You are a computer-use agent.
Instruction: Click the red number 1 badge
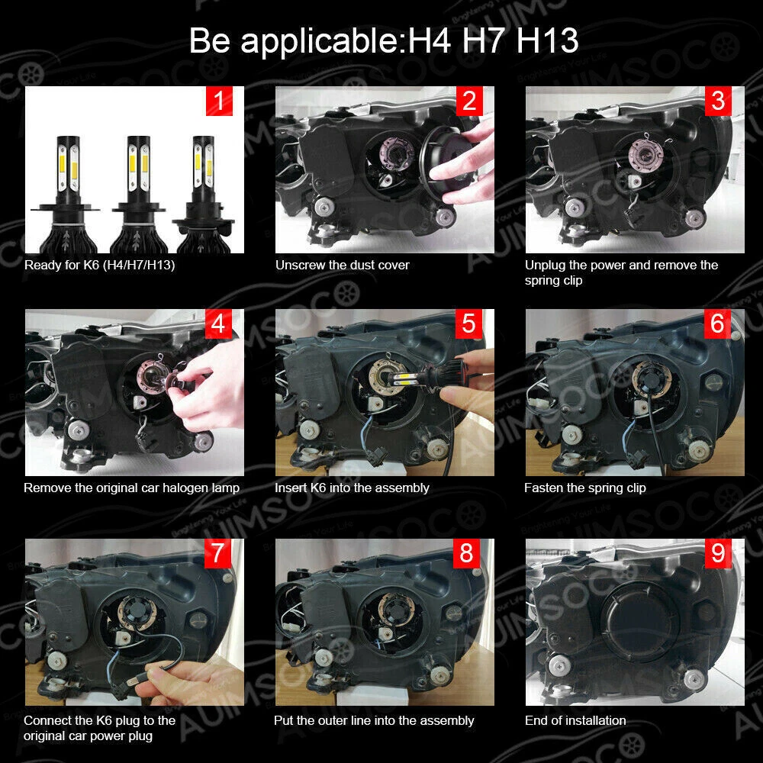219,101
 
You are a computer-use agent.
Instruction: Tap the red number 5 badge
468,324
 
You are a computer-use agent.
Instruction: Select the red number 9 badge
718,553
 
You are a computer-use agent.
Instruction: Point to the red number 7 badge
217,553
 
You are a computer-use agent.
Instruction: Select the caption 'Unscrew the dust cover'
342,266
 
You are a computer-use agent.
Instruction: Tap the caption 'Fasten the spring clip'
585,488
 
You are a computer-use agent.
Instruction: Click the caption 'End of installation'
575,721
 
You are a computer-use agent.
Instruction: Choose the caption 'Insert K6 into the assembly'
352,488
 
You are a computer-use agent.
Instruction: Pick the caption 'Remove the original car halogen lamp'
131,488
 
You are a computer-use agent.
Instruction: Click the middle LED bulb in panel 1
138,194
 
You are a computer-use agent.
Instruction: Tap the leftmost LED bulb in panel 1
67,194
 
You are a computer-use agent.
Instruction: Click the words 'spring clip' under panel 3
553,281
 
